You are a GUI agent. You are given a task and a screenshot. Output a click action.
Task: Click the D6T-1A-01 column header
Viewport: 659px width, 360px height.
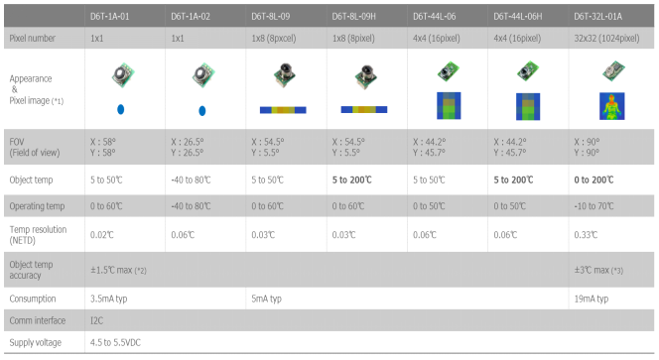(x=110, y=17)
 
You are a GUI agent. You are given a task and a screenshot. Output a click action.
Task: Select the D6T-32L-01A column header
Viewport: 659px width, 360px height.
(x=598, y=17)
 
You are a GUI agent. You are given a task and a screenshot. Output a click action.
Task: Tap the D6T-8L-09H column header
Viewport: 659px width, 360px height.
(x=354, y=17)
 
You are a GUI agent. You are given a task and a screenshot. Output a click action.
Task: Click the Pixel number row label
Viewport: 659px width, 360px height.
(x=33, y=39)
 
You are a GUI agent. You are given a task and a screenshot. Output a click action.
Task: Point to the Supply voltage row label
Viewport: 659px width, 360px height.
(x=36, y=342)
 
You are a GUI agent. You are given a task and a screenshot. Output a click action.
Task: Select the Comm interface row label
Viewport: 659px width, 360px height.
(x=38, y=320)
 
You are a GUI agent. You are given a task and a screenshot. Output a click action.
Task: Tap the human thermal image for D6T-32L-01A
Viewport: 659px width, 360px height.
(x=612, y=106)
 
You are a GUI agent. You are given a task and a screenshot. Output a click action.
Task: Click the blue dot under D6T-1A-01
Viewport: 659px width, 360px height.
(x=121, y=110)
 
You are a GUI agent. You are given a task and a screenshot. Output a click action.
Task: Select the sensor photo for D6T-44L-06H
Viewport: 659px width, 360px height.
(x=527, y=70)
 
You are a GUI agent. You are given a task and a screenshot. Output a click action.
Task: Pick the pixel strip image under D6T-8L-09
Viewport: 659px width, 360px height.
(x=283, y=110)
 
